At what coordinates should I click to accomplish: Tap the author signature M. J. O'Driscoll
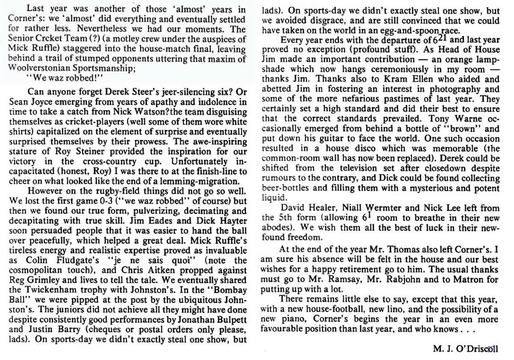(465, 349)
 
